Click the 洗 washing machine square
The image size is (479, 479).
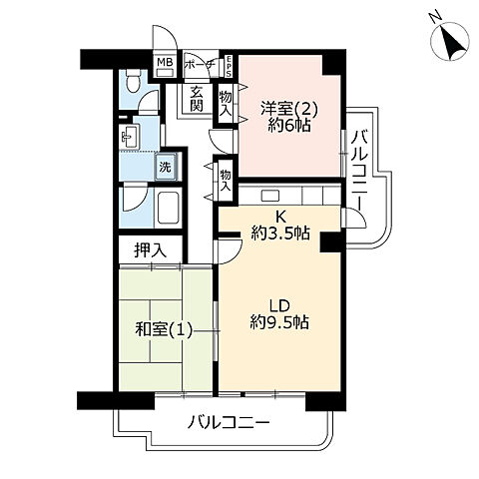tap(166, 168)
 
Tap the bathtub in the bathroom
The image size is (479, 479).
tap(168, 210)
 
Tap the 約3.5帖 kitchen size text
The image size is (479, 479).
tap(282, 234)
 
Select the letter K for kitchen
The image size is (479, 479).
tap(282, 214)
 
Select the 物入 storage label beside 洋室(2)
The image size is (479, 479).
tap(226, 105)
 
